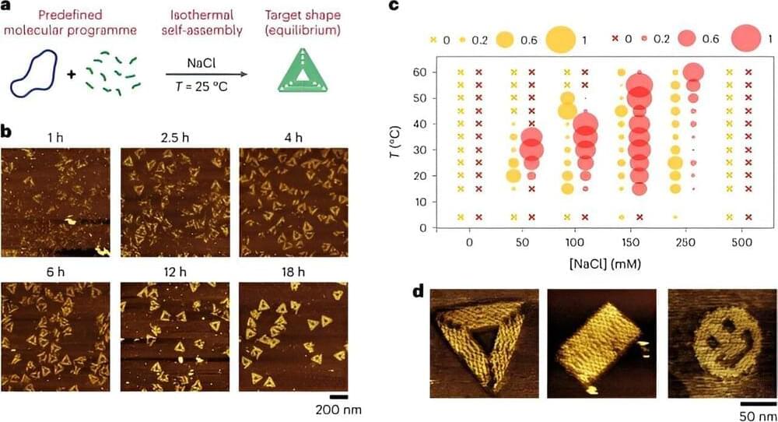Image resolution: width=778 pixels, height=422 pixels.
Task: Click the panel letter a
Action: pos(6,6)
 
